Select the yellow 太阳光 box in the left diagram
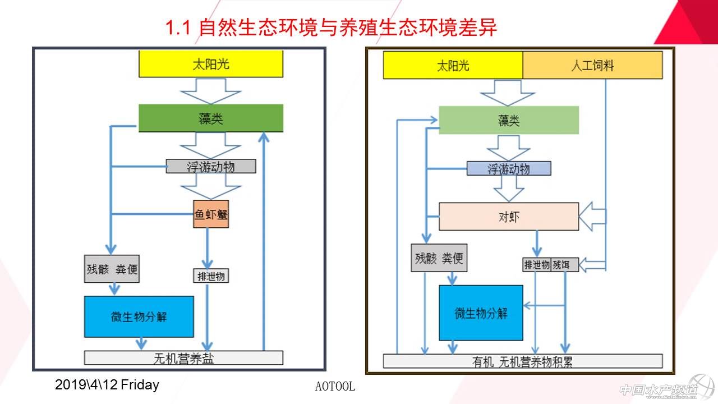[x=211, y=64]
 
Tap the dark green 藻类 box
[x=211, y=118]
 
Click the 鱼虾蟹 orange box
[x=211, y=214]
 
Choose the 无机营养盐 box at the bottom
[x=183, y=357]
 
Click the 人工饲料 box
[x=592, y=65]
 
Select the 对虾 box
[x=508, y=217]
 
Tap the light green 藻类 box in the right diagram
[x=508, y=120]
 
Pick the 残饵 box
[x=564, y=264]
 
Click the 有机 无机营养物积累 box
[x=522, y=361]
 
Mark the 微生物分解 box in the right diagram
[x=481, y=313]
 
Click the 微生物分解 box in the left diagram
[x=139, y=316]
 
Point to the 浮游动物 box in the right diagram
[x=508, y=168]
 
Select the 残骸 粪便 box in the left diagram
[x=112, y=269]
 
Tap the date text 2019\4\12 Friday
[x=107, y=385]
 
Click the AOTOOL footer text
[x=335, y=387]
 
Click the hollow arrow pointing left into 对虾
[x=592, y=217]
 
